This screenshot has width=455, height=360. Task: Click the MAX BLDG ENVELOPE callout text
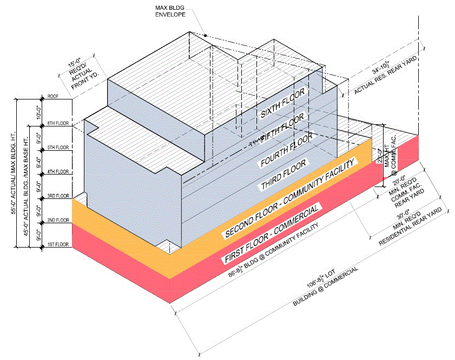coord(170,10)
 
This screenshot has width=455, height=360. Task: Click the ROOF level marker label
coord(52,98)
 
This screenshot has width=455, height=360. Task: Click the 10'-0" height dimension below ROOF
coord(37,111)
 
